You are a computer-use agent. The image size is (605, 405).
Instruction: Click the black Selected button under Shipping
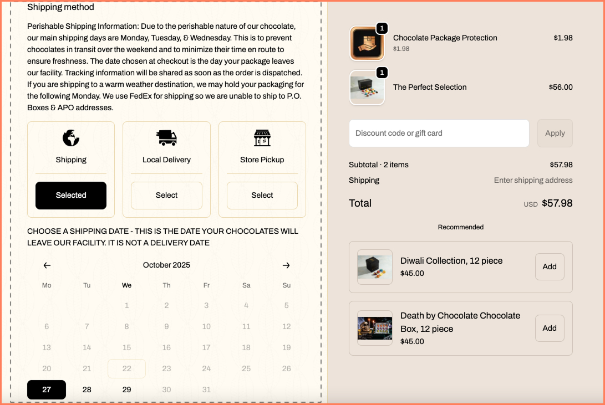point(71,196)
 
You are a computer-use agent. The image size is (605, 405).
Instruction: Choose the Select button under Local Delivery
point(166,196)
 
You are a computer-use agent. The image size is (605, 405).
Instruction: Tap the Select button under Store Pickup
point(262,196)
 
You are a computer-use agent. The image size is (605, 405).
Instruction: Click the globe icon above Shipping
point(71,138)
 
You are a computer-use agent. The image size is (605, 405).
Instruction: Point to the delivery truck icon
point(166,138)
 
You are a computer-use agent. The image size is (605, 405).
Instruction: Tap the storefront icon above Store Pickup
point(262,138)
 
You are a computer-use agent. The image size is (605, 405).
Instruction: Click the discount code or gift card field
point(439,134)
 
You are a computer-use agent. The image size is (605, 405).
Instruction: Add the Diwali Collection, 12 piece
point(549,267)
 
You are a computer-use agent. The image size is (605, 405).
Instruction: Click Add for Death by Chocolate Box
point(549,329)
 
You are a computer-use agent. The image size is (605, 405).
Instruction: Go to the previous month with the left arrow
point(47,265)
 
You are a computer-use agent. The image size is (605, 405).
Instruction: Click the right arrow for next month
point(286,265)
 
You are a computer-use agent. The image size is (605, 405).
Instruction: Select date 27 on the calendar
point(47,389)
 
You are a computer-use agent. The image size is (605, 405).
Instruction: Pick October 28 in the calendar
point(87,389)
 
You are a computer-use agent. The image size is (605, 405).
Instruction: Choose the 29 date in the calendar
point(126,389)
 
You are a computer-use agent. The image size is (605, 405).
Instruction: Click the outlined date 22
point(126,369)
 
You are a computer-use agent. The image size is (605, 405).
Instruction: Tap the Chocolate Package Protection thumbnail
point(367,43)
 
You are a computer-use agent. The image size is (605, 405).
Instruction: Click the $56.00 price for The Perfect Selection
point(561,88)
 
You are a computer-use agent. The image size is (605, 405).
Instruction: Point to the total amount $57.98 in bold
point(557,203)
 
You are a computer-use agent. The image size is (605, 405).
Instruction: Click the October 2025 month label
point(166,265)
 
